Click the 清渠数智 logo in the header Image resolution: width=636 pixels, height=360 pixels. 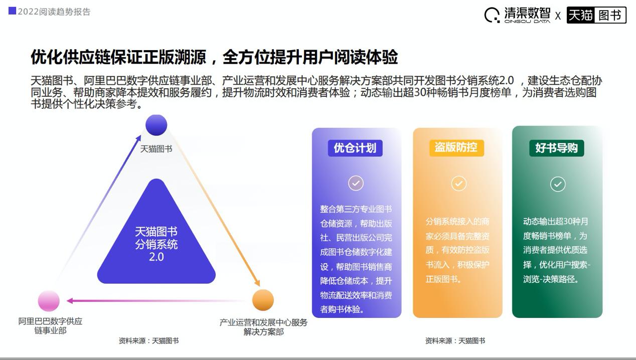(517, 15)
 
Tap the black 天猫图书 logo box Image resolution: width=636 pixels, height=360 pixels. (596, 15)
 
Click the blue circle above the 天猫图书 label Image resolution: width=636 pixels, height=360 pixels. (156, 125)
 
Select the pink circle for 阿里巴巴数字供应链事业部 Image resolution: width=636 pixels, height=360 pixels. (49, 301)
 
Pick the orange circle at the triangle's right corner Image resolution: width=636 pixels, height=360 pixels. (263, 300)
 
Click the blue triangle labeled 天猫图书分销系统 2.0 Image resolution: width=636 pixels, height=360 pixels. (156, 241)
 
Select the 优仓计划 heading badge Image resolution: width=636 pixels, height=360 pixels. (355, 148)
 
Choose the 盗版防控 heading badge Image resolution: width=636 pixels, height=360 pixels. (456, 148)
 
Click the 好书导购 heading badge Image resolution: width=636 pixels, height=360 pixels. (556, 148)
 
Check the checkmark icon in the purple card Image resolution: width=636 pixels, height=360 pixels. (356, 183)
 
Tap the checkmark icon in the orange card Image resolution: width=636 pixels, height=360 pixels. (458, 184)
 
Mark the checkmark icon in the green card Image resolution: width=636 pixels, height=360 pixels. (558, 184)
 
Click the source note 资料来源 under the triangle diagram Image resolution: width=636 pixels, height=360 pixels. (148, 341)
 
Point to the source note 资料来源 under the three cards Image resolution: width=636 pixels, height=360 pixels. (455, 341)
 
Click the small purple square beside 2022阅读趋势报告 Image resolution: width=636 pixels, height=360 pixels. (12, 11)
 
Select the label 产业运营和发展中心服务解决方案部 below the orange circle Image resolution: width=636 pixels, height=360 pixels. (263, 327)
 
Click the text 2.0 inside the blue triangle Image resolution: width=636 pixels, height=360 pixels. (156, 257)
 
